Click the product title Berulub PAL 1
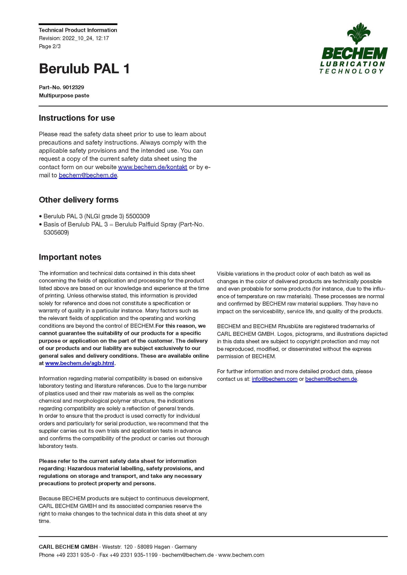(x=84, y=69)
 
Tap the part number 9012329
(x=73, y=87)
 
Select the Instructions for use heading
(x=77, y=118)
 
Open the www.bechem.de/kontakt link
(x=152, y=167)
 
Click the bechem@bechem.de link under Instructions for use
(x=88, y=175)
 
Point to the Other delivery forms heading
(x=79, y=200)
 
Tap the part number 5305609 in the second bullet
(x=56, y=232)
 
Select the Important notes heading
(x=70, y=257)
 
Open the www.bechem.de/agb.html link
(x=79, y=363)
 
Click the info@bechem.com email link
(x=274, y=379)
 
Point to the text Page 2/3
(x=50, y=46)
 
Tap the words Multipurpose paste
(x=64, y=95)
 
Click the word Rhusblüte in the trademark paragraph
(x=291, y=326)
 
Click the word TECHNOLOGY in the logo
(x=351, y=71)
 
